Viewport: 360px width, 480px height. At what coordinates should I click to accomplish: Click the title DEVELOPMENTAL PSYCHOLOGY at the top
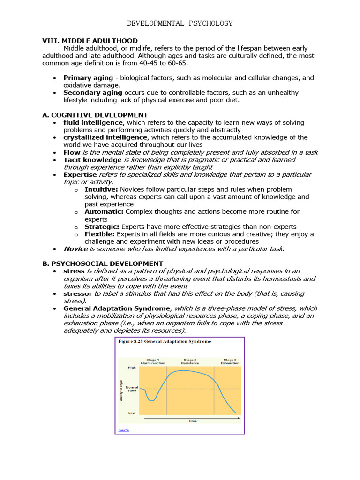[180, 23]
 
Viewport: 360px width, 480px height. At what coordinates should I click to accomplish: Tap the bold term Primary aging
[88, 78]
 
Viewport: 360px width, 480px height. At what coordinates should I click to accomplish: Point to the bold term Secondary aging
[92, 93]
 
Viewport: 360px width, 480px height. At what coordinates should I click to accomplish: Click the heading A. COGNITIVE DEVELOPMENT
[95, 115]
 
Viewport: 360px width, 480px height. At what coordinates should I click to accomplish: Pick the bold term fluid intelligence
[93, 122]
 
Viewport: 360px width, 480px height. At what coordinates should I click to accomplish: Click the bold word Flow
[72, 152]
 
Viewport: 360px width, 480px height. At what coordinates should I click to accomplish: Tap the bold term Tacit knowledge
[92, 160]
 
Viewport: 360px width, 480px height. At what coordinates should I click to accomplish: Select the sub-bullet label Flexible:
[100, 234]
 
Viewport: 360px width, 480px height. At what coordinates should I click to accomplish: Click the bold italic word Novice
[75, 249]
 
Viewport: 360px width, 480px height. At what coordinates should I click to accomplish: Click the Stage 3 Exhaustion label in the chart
[230, 361]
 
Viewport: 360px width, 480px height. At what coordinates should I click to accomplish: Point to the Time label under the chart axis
[193, 421]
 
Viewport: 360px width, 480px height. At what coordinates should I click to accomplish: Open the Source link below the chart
[123, 430]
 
